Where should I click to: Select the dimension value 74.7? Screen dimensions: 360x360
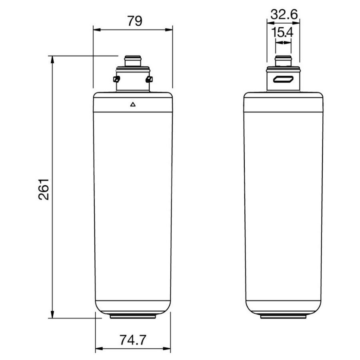point(132,340)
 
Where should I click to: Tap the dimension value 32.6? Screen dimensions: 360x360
point(284,15)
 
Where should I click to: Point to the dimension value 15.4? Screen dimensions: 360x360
point(283,32)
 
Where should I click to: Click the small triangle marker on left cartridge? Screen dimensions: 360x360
point(133,105)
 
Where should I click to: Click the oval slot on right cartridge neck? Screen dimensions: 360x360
point(283,80)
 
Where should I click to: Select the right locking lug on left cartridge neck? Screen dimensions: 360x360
point(150,79)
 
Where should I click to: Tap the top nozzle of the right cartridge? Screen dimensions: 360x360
point(283,62)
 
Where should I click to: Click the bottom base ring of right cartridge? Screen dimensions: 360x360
point(283,316)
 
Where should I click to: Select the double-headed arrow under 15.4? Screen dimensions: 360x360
point(283,42)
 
